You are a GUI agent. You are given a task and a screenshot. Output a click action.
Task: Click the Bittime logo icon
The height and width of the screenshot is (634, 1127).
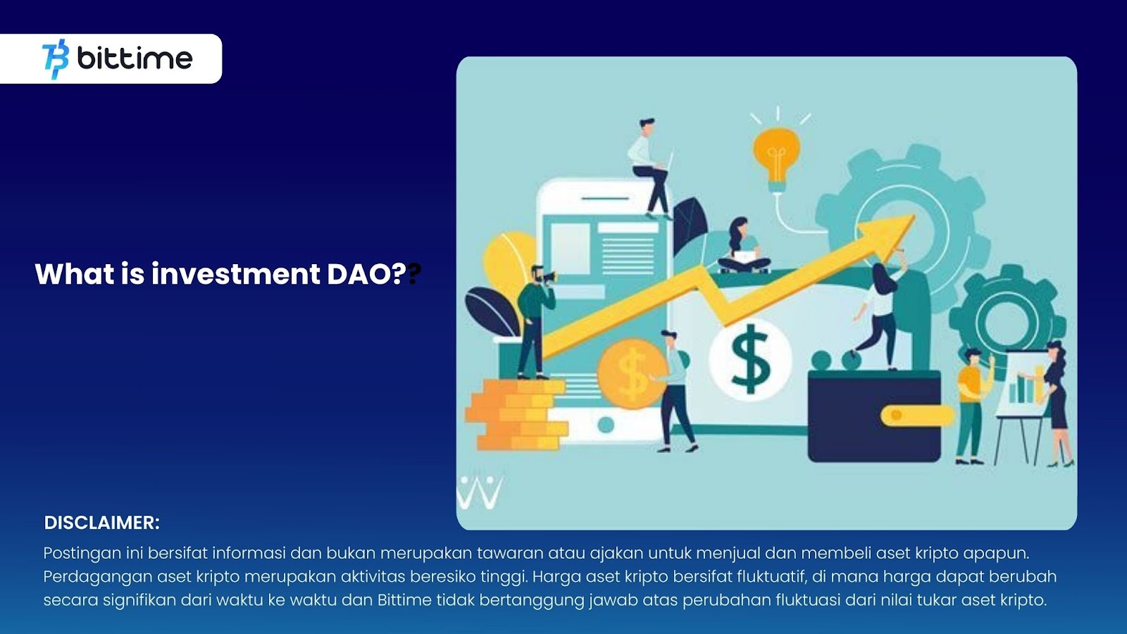tap(56, 59)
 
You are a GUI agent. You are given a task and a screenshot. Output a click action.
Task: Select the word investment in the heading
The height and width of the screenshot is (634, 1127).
tap(236, 274)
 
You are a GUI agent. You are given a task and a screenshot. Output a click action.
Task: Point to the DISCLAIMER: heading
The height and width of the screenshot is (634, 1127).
tap(101, 523)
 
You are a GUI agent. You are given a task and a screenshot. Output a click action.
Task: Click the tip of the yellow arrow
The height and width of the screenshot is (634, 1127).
tap(914, 216)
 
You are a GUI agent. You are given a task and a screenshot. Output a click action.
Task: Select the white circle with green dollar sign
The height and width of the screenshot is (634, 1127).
tap(750, 359)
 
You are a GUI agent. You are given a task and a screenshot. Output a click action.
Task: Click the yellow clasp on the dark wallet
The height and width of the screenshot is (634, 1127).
tap(916, 416)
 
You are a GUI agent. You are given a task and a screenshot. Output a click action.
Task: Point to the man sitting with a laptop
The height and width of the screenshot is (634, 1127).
tap(650, 168)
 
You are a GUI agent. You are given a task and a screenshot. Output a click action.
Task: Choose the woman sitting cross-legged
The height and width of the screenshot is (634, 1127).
tap(744, 246)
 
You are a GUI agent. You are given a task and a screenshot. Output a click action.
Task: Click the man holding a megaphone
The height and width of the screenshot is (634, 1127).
tap(535, 322)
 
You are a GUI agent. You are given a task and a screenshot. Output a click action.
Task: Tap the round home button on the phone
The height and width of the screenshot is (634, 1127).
tap(606, 425)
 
